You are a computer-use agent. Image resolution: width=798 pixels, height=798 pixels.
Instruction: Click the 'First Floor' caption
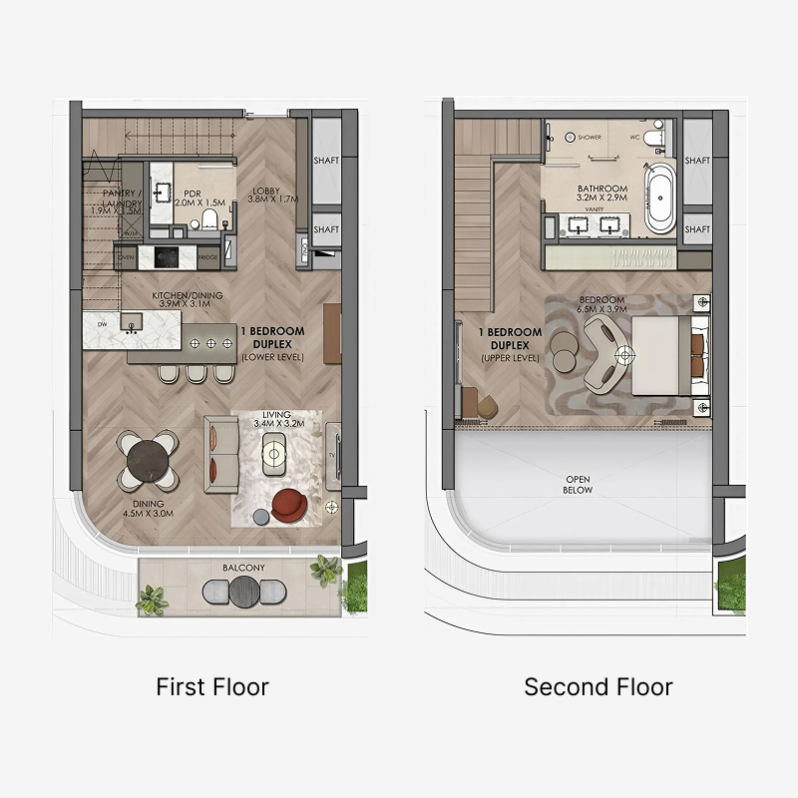point(212,687)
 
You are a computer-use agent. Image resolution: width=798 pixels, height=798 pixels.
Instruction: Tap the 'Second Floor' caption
point(598,687)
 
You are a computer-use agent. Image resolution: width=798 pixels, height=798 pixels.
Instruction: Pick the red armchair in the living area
point(290,504)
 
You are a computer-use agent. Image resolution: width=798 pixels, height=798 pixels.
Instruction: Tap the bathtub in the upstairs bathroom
point(658,199)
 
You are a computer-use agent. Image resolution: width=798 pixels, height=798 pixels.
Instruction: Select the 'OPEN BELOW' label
point(578,484)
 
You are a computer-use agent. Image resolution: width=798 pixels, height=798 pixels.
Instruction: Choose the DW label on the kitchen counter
point(100,323)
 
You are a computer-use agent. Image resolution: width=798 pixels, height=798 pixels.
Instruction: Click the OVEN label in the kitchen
point(126,257)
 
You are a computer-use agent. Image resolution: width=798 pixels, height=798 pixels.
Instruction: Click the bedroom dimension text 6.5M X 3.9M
point(601,310)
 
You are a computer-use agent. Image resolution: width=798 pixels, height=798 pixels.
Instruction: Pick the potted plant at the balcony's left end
point(152,598)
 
